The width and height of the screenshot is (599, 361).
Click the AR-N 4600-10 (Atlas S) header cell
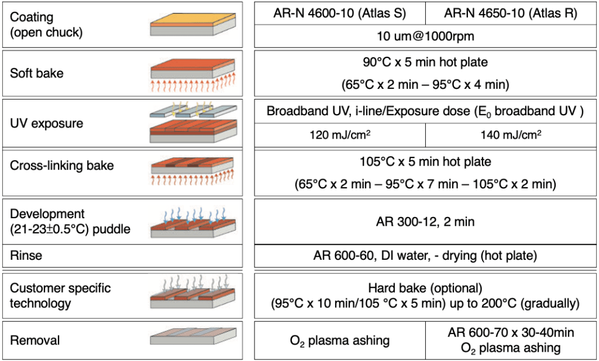[340, 13]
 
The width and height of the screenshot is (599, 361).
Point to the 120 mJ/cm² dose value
[340, 135]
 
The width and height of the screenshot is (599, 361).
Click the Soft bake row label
[37, 74]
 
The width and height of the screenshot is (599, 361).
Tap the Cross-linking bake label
[61, 166]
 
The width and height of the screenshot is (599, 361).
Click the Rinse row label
[26, 255]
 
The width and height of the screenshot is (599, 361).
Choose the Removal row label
[35, 340]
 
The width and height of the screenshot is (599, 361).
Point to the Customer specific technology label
[60, 295]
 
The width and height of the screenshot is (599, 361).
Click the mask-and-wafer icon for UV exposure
[194, 123]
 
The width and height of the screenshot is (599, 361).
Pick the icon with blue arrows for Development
[194, 222]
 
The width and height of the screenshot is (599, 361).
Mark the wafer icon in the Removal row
[194, 340]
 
